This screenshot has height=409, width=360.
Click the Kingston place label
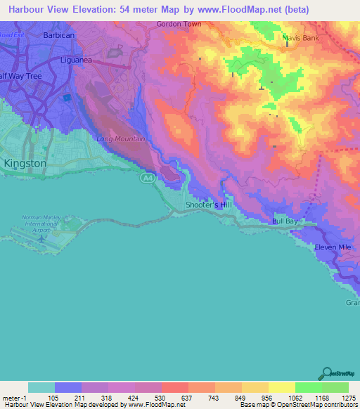25,163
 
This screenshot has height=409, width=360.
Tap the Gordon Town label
178,24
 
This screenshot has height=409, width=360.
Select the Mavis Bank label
300,38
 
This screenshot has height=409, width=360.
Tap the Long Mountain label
121,138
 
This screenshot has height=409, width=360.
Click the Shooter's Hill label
207,204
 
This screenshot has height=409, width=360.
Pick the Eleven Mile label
333,247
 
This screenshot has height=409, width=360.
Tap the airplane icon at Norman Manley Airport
41,240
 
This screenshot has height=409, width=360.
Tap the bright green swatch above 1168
309,387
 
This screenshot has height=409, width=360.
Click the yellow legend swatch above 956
255,387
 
